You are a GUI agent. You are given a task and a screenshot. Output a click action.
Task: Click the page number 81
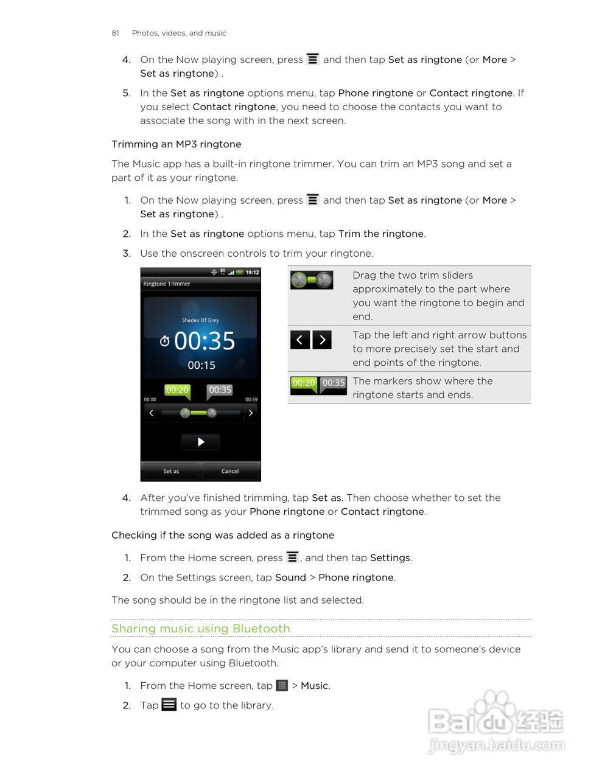coord(115,33)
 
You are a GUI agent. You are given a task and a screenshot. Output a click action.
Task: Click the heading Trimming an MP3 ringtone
coord(176,144)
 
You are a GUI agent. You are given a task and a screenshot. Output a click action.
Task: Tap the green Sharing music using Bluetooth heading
coord(200,629)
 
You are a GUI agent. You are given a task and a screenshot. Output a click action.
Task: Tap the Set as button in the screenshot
coord(171,471)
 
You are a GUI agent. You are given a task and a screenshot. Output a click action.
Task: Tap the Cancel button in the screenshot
coord(230,471)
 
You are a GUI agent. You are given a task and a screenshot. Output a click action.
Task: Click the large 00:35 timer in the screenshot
coord(205,341)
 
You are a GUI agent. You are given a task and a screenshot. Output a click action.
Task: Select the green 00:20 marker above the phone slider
coord(177,390)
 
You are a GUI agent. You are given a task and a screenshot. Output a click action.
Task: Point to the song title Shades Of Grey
coord(200,320)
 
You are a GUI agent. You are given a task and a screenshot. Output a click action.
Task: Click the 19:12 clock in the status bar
coord(252,273)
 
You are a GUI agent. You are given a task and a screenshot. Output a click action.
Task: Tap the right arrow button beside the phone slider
coord(251,413)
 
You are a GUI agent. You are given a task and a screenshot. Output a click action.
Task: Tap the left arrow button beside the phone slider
coord(151,413)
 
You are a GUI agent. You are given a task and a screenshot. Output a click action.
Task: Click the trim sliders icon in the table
coord(312,280)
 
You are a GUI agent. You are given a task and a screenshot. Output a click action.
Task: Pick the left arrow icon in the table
coord(300,340)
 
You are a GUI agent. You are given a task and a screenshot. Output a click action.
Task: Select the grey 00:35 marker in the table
coord(334,383)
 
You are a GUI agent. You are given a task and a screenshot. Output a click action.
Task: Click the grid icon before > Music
coord(281,686)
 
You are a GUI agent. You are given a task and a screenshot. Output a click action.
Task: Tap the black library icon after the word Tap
coord(169,705)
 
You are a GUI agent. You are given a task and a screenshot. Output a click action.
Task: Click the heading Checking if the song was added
coord(222,536)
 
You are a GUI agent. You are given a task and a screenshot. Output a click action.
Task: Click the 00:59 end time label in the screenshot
coord(251,400)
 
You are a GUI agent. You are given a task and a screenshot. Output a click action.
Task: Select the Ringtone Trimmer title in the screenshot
coord(167,284)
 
